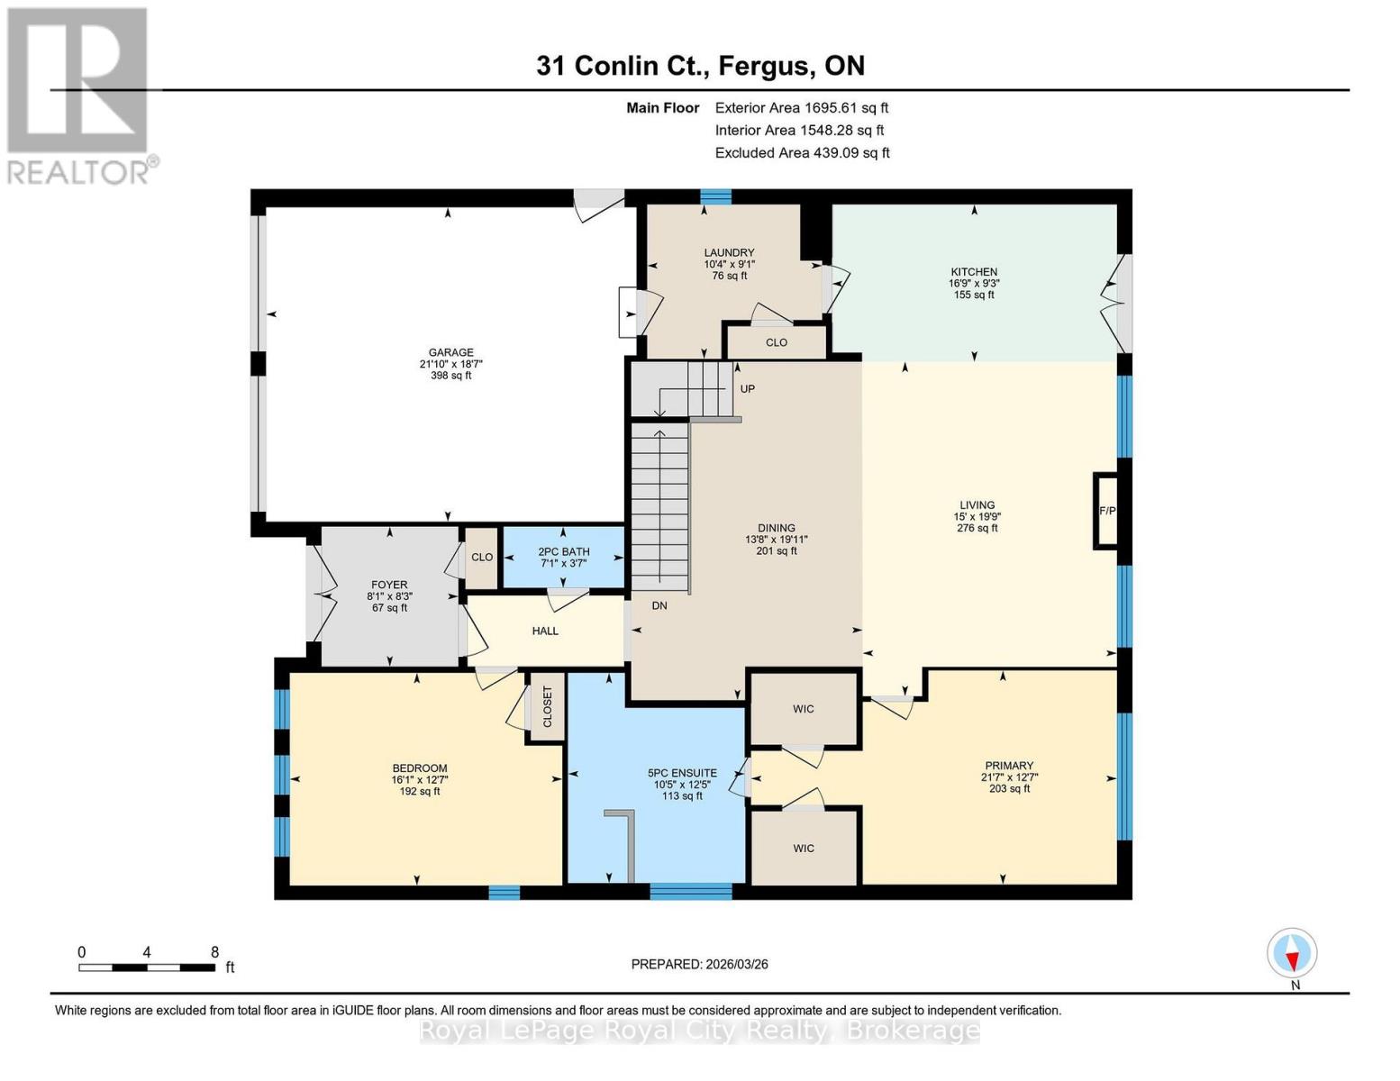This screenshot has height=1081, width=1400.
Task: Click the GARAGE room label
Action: tap(450, 353)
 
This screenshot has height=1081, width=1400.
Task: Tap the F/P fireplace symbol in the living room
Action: tap(1106, 511)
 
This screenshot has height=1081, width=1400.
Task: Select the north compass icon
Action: tap(1292, 954)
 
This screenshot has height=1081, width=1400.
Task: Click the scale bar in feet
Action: tap(147, 967)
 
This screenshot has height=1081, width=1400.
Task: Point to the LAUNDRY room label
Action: tap(729, 253)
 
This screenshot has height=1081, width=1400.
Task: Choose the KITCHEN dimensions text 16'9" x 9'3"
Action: tap(974, 283)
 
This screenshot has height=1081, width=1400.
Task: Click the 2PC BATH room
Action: tap(563, 557)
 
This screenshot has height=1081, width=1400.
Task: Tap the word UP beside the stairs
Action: tap(747, 389)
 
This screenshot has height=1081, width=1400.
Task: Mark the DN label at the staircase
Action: tap(659, 605)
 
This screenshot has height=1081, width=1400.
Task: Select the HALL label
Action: tap(545, 631)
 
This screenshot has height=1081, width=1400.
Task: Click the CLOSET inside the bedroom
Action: tap(547, 707)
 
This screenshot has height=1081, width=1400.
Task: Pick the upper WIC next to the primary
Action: tap(804, 709)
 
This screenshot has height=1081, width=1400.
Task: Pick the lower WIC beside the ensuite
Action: tap(804, 848)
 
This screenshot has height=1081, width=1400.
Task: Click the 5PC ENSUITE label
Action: tap(682, 773)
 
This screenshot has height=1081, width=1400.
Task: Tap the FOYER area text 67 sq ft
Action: tap(389, 608)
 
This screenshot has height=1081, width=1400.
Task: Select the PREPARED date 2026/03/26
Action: tap(699, 964)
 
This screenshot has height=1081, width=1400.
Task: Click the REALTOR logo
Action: tap(79, 95)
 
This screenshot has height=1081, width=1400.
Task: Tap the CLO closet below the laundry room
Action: tap(776, 342)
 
